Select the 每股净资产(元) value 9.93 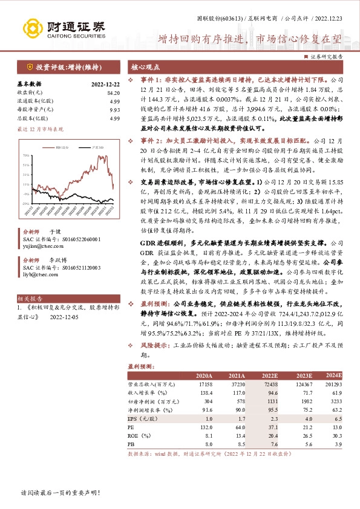[x=115, y=110]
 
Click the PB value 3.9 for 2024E [x=338, y=444]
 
